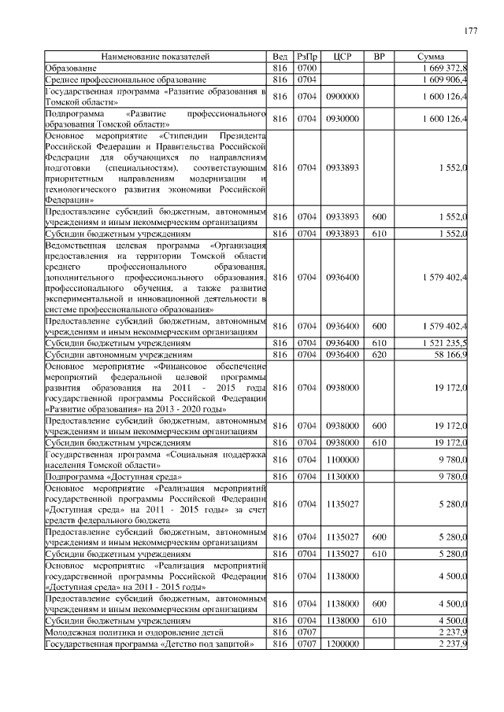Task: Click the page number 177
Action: point(470,31)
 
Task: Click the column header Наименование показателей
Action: point(155,57)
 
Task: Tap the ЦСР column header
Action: point(342,57)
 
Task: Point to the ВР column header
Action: point(379,57)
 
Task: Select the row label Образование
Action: point(72,68)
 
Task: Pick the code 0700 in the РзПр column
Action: point(306,68)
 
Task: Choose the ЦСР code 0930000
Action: point(342,119)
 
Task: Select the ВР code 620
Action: point(379,355)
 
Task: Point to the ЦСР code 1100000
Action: point(342,459)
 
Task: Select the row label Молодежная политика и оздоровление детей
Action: point(135,632)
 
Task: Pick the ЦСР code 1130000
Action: point(342,476)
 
